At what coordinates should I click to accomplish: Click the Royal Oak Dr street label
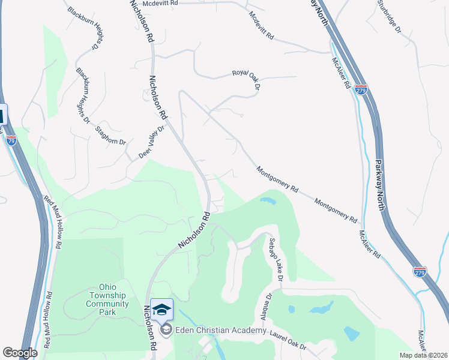click(246, 79)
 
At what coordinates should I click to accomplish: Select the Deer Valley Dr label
click(152, 142)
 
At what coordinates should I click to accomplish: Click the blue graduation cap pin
click(161, 310)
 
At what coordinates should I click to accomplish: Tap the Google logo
click(20, 352)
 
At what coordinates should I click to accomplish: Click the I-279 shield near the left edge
click(11, 140)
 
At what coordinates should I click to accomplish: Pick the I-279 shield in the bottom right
click(420, 272)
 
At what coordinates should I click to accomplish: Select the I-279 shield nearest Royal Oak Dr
click(361, 90)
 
